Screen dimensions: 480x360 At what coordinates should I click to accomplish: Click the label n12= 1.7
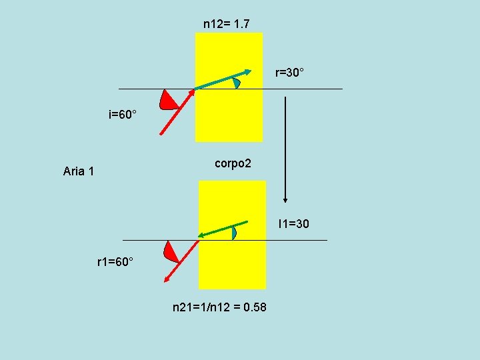[227, 24]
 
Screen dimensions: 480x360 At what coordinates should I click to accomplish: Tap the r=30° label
[290, 71]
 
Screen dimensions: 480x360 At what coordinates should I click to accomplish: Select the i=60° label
[123, 115]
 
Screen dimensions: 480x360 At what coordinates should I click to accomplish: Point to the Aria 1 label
[79, 171]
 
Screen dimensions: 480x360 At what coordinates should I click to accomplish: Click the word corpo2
[233, 163]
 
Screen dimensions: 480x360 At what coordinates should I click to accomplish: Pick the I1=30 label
[293, 223]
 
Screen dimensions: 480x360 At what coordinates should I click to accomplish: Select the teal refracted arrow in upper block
[222, 79]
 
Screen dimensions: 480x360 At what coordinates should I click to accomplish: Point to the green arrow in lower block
[223, 229]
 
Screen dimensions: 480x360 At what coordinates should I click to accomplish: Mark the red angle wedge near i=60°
[169, 101]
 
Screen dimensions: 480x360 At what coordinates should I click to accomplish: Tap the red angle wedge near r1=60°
[171, 251]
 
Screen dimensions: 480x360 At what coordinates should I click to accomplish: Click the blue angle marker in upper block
[236, 83]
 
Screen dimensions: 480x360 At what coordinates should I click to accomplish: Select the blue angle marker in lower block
[233, 233]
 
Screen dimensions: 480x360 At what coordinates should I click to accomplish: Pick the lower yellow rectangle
[233, 267]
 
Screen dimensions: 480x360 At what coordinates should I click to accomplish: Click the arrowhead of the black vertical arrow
[285, 199]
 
